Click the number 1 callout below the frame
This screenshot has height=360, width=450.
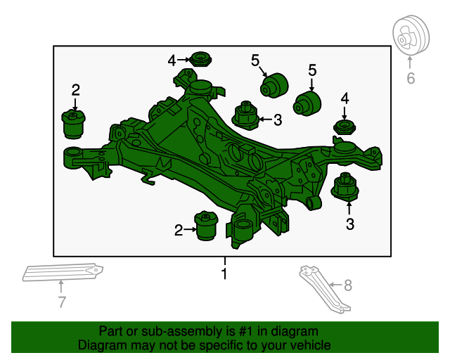pos(224,274)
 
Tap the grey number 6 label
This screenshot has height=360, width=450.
pos(411,79)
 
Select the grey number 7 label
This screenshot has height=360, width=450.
pos(61,302)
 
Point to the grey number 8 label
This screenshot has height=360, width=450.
pos(347,285)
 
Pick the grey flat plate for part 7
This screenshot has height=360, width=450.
pos(63,272)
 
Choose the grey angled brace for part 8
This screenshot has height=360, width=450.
pos(326,288)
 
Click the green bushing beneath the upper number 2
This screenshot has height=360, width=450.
pos(74,124)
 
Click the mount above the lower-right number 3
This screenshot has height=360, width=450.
pos(345,187)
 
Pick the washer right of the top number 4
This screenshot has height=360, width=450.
pos(202,58)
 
